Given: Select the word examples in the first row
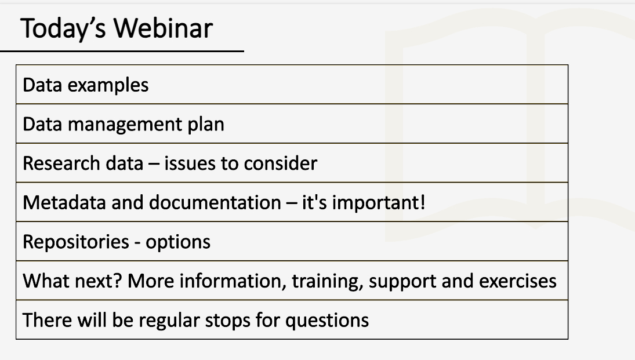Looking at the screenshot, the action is pyautogui.click(x=108, y=86).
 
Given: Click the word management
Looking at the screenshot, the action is pyautogui.click(x=125, y=125).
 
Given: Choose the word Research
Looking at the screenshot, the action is pyautogui.click(x=61, y=163).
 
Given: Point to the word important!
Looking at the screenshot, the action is pyautogui.click(x=379, y=202).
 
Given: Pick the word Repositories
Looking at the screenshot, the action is pyautogui.click(x=76, y=242).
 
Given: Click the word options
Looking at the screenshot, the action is pyautogui.click(x=178, y=242).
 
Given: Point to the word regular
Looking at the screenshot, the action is pyautogui.click(x=169, y=321).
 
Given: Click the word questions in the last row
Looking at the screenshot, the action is pyautogui.click(x=327, y=321).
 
